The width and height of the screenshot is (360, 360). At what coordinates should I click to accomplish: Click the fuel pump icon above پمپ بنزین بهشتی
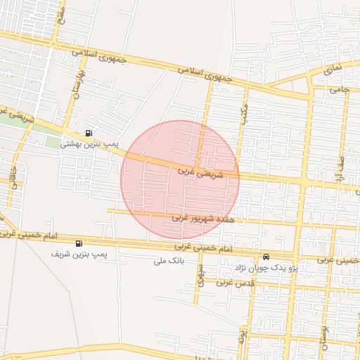tap(88, 132)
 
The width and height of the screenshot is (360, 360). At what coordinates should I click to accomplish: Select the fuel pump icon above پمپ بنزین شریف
tap(88, 243)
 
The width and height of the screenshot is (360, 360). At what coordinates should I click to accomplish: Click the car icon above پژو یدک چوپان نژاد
tap(266, 257)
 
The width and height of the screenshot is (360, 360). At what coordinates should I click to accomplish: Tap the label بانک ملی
tap(168, 261)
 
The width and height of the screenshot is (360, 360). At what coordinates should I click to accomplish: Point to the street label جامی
tap(340, 90)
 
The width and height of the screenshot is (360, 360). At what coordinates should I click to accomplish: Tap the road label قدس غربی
tap(235, 282)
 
